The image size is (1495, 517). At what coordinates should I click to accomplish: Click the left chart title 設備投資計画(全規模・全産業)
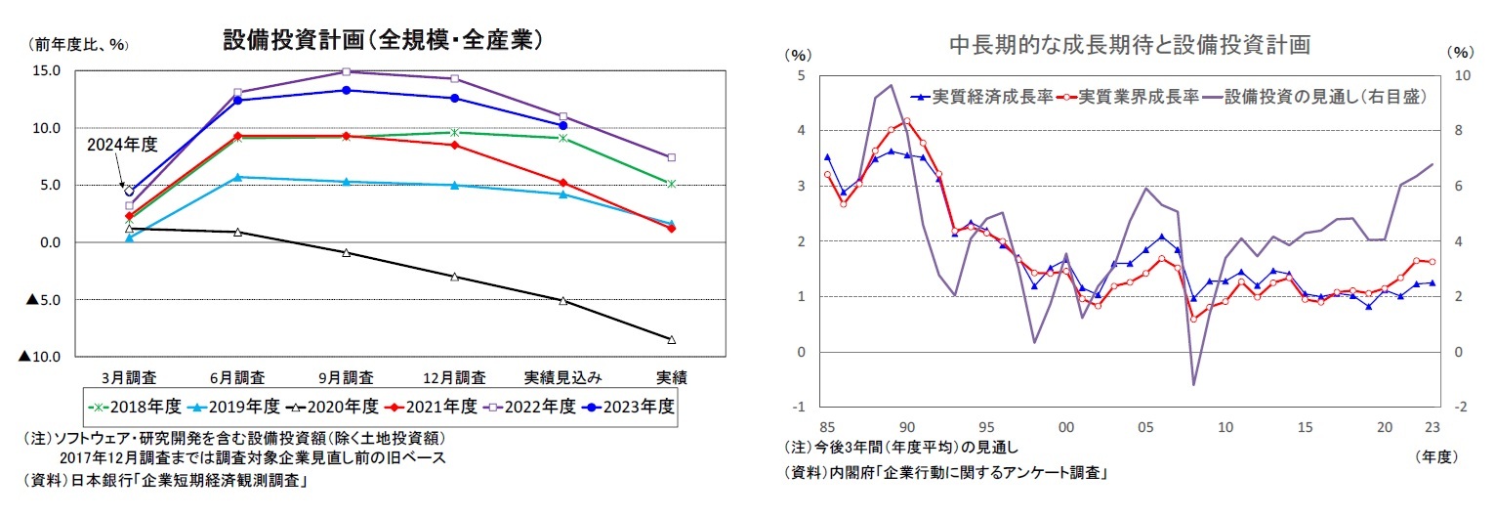coord(383,40)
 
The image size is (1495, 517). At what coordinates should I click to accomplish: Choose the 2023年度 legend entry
coord(628,406)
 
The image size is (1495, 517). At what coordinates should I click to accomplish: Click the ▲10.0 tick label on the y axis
coord(39,358)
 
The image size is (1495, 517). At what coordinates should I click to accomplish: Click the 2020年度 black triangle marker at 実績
coord(672,339)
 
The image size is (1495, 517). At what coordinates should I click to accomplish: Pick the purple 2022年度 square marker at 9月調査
coord(346,71)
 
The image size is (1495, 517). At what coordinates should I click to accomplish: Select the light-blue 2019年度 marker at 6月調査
coord(237,177)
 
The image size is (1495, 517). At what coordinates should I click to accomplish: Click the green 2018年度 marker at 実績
coord(672,184)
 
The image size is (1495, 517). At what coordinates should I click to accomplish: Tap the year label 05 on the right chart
coord(1144,426)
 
